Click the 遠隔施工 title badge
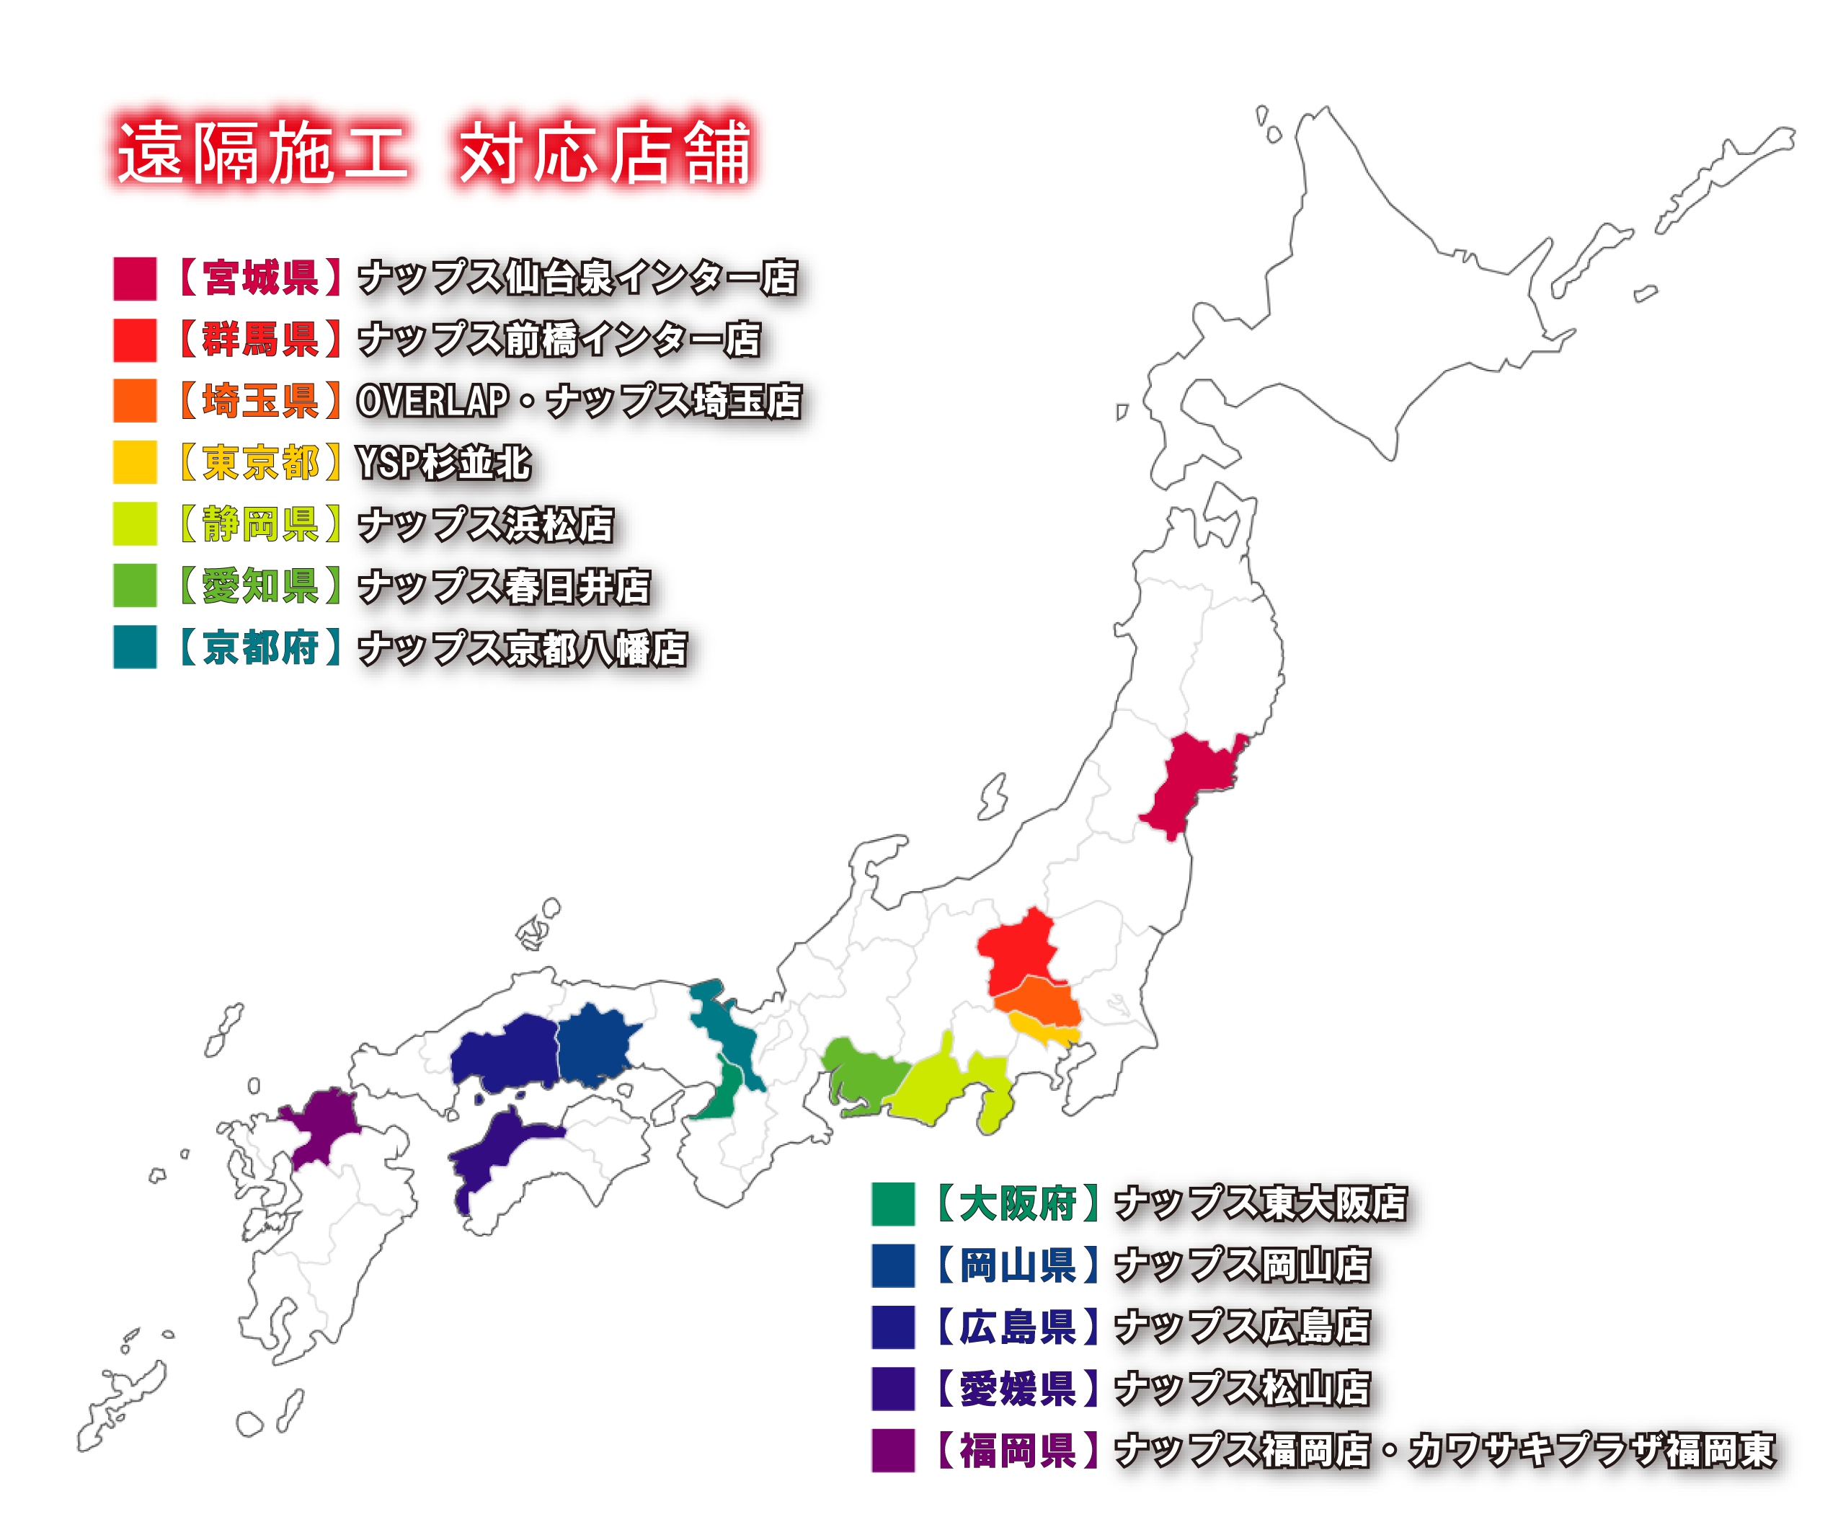(260, 151)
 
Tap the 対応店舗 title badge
(604, 151)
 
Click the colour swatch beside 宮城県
(135, 278)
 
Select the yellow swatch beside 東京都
(135, 462)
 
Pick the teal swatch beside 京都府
(135, 647)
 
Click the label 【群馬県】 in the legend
(260, 340)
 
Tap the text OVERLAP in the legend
(432, 401)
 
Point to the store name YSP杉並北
(444, 463)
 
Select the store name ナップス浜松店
(486, 524)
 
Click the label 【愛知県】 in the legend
(260, 585)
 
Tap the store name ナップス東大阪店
(1261, 1203)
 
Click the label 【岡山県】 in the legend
(1018, 1265)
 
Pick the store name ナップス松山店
(1243, 1388)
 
